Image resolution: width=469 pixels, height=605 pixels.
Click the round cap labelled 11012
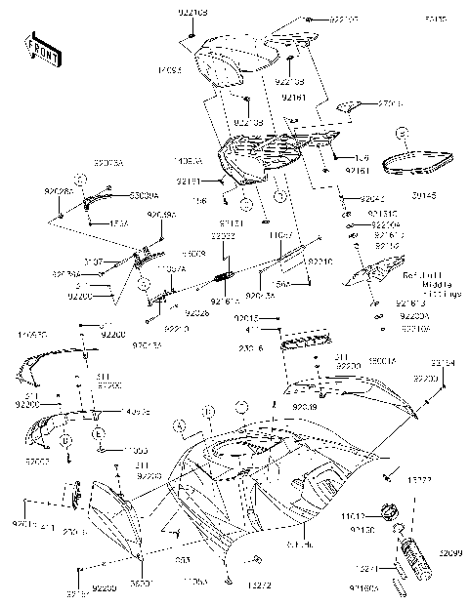[390, 511]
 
